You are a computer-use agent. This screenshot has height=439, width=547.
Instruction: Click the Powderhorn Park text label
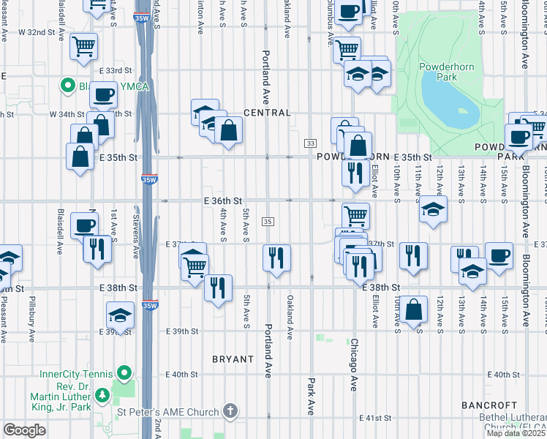pos(437,71)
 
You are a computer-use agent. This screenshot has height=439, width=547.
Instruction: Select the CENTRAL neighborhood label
pos(267,113)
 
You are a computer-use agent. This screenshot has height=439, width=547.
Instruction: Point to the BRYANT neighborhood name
pos(233,359)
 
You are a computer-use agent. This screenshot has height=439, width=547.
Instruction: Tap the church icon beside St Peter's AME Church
pos(230,412)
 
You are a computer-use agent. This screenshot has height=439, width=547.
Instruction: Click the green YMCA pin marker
pos(69,87)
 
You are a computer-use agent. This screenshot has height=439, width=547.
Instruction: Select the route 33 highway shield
pos(311,143)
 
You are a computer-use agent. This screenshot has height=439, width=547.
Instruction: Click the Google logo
pos(24,430)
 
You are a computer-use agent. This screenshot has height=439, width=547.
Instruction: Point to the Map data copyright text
pos(516,433)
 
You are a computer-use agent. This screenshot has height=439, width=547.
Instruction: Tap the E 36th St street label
pos(223,200)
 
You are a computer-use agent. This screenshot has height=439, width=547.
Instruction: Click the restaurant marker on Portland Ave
pos(276,257)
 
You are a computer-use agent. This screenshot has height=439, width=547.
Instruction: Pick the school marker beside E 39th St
pos(120,315)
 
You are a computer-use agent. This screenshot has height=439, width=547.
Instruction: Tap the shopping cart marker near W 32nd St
pos(84,46)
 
